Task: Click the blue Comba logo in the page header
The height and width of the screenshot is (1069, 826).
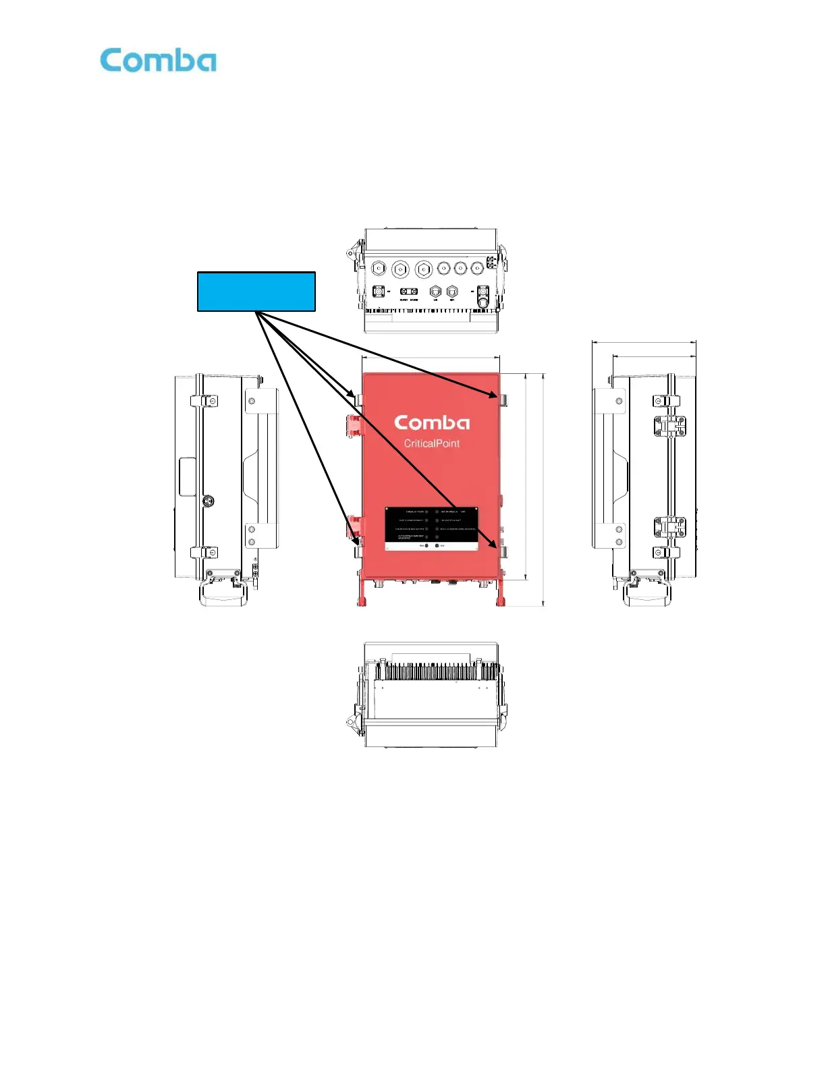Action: (159, 61)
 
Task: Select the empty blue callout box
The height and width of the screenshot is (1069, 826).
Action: (256, 292)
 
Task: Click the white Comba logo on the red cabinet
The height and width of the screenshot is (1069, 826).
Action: (432, 423)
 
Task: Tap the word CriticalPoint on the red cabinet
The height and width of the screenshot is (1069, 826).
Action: (432, 443)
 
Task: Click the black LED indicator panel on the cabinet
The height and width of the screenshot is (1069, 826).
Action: (432, 528)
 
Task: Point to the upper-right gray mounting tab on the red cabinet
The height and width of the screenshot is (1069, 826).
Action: (503, 400)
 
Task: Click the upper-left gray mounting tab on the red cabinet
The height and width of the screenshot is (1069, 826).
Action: (358, 400)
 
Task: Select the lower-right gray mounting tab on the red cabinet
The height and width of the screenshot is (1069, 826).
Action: (503, 552)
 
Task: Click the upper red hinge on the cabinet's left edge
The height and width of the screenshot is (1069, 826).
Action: (353, 425)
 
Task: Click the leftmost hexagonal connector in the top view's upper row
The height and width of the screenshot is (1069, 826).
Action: (379, 269)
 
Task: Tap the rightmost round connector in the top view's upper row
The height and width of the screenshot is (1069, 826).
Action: (477, 269)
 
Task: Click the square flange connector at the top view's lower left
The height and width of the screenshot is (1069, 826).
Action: (379, 292)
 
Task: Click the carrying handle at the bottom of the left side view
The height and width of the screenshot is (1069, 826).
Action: (223, 594)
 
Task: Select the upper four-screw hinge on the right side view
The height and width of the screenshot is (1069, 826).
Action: (669, 425)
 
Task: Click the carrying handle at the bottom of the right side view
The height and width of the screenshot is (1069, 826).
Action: (646, 594)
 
